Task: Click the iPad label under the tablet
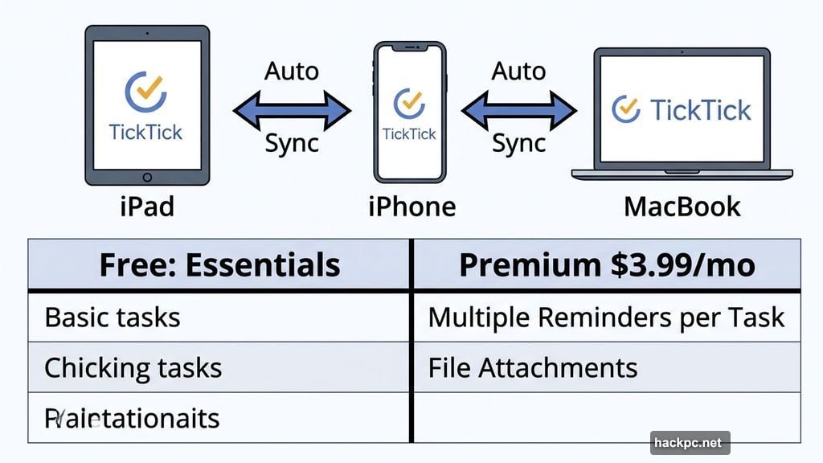click(x=147, y=207)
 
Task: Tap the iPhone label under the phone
click(x=411, y=207)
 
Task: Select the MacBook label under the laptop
click(x=682, y=207)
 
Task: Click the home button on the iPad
click(x=147, y=177)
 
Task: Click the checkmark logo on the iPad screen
click(x=145, y=92)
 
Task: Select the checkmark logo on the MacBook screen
click(x=626, y=109)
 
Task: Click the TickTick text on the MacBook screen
click(x=701, y=110)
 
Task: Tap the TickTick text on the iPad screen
click(x=146, y=131)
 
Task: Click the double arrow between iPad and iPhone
click(x=292, y=109)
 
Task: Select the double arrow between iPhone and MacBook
click(x=519, y=109)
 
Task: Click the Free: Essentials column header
click(x=219, y=264)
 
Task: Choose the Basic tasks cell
click(x=113, y=317)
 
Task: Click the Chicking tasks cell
click(x=133, y=367)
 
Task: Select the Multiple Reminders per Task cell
click(x=606, y=317)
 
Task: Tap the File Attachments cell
click(x=533, y=367)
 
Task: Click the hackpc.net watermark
click(x=690, y=443)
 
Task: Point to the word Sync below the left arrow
click(x=292, y=144)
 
